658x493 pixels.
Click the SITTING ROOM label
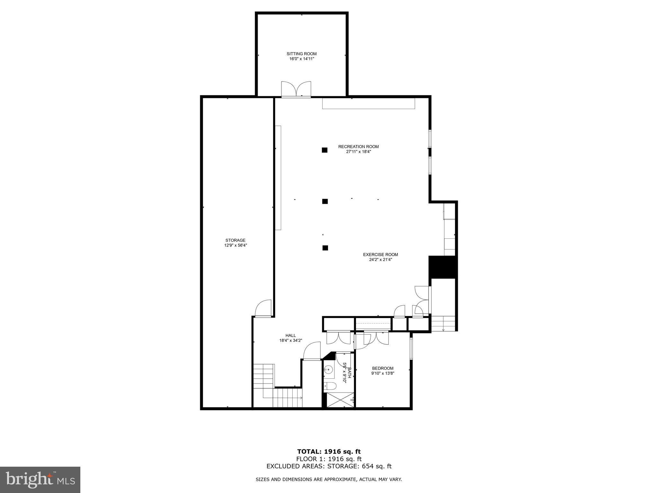click(x=301, y=54)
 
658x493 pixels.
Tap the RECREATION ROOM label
click(x=358, y=147)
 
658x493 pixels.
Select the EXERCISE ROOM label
click(x=380, y=255)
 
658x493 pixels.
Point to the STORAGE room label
click(x=235, y=240)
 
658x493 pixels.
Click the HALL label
click(x=290, y=335)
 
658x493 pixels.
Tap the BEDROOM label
click(x=382, y=368)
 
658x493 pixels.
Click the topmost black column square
click(x=325, y=150)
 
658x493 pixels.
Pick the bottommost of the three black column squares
click(x=325, y=248)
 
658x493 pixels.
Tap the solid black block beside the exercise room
click(x=442, y=267)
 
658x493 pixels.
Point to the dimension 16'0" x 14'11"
click(x=301, y=59)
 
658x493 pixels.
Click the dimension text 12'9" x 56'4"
click(x=235, y=245)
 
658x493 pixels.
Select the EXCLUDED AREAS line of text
click(x=329, y=466)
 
